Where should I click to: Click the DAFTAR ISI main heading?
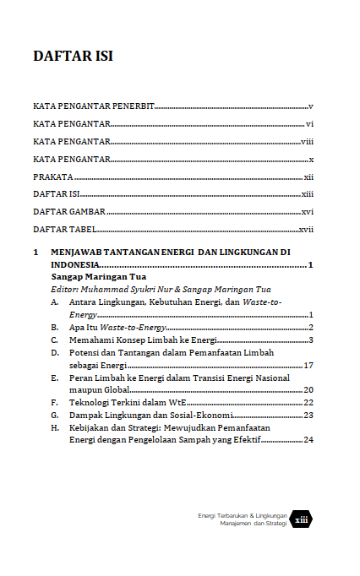click(x=73, y=57)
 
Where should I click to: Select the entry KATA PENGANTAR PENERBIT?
click(x=94, y=106)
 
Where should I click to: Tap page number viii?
click(x=307, y=141)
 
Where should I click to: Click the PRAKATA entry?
click(x=52, y=177)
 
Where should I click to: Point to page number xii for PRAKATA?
click(x=308, y=177)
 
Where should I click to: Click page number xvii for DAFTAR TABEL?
click(x=306, y=230)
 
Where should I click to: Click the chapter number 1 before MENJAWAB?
click(x=35, y=253)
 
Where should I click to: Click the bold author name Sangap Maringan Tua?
click(x=98, y=276)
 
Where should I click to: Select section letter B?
click(x=54, y=327)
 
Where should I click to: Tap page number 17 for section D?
click(x=308, y=365)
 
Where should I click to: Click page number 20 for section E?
click(x=308, y=390)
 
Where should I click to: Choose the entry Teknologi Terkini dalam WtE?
click(x=128, y=403)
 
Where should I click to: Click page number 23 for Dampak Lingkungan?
click(x=308, y=416)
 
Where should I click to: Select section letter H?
click(x=54, y=428)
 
